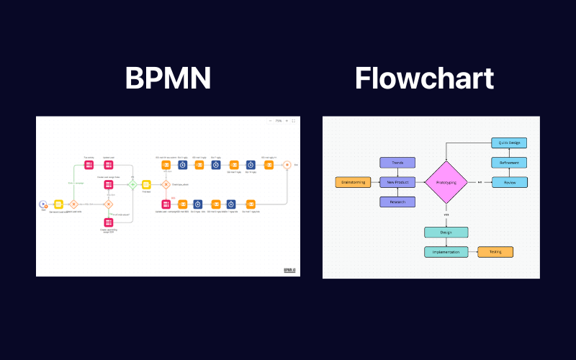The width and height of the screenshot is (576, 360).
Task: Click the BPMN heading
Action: click(x=168, y=78)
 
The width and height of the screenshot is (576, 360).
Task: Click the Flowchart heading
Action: click(x=424, y=78)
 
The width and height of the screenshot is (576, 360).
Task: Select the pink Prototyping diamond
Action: click(x=446, y=182)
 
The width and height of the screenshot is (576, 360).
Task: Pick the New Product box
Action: click(x=397, y=182)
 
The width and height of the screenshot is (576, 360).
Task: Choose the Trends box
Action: click(x=397, y=163)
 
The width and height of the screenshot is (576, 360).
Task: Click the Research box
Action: click(x=397, y=202)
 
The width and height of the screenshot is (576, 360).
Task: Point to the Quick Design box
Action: click(x=510, y=143)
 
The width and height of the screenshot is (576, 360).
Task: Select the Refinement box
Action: click(x=510, y=163)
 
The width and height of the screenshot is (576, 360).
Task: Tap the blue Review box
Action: click(x=510, y=182)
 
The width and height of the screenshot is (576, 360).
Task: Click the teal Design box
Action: click(x=446, y=233)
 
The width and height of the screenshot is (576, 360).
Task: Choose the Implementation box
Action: click(x=446, y=252)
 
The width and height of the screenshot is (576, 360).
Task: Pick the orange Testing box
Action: click(x=495, y=252)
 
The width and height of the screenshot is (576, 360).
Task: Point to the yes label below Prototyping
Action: click(x=446, y=215)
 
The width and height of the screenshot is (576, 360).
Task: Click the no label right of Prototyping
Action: click(x=480, y=182)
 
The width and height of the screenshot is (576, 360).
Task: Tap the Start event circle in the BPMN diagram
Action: click(x=43, y=204)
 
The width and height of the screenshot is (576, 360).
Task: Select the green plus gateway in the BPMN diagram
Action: click(x=132, y=184)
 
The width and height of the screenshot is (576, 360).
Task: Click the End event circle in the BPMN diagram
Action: click(x=287, y=165)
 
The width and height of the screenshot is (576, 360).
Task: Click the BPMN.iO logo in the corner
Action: click(x=291, y=269)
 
